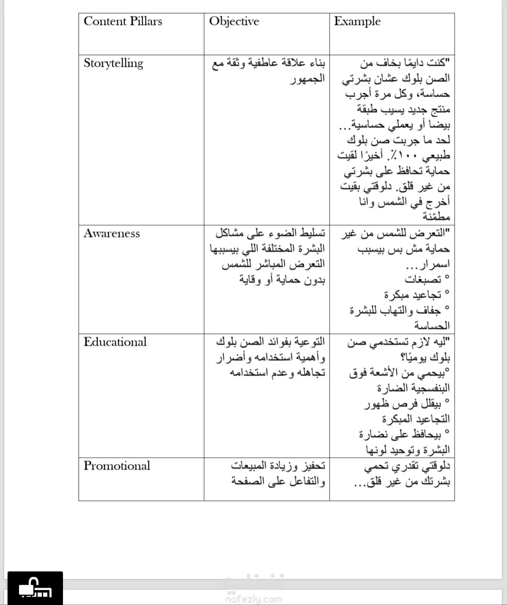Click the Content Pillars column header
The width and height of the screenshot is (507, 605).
click(123, 21)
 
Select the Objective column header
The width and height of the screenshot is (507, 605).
click(234, 21)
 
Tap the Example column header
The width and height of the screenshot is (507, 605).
click(357, 21)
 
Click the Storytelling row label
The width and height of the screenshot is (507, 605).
click(113, 63)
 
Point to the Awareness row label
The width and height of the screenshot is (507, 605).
click(112, 233)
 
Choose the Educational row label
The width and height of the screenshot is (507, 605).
click(115, 342)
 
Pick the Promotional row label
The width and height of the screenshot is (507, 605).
click(117, 465)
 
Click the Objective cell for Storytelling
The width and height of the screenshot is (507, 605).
click(269, 71)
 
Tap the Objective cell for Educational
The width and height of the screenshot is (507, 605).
click(270, 357)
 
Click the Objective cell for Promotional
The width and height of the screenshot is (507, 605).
click(278, 473)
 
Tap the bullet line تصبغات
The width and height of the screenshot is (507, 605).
click(423, 279)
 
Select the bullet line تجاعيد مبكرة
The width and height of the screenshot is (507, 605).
click(413, 295)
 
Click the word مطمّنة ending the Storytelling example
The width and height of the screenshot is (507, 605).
click(436, 217)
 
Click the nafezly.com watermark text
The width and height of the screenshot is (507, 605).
click(253, 599)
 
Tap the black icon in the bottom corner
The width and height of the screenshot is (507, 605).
click(35, 588)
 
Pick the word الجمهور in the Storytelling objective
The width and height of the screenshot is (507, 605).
click(307, 79)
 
